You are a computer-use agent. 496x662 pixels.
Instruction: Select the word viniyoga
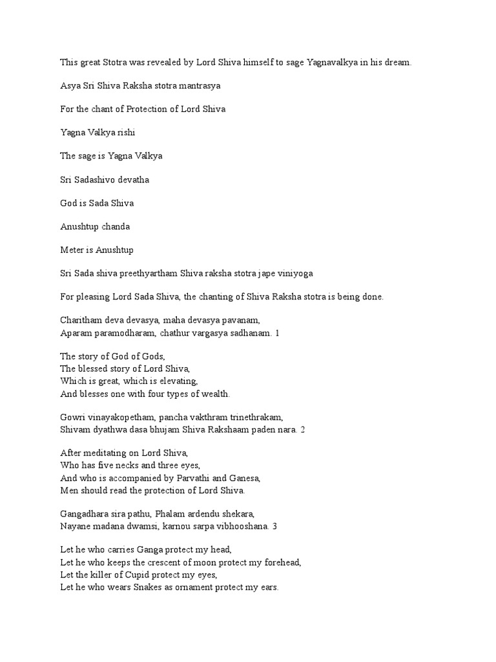click(x=293, y=273)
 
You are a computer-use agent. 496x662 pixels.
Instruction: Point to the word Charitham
click(x=81, y=320)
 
